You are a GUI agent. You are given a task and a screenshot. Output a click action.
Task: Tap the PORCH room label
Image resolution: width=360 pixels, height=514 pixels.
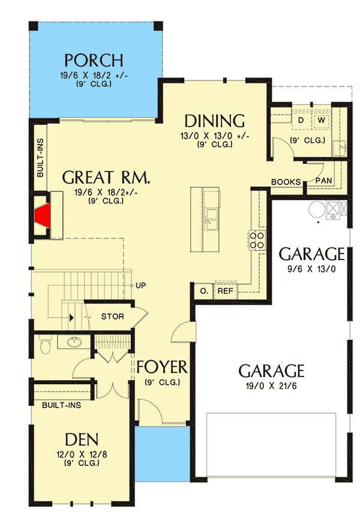94,60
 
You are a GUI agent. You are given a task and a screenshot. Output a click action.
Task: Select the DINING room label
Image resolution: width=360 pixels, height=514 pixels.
215,121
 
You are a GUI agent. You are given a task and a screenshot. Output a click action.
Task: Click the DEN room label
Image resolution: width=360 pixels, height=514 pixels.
82,440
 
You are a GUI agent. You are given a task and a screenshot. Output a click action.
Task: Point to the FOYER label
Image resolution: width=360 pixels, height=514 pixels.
162,367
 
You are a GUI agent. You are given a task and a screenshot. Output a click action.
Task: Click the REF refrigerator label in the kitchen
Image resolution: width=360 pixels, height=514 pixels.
226,291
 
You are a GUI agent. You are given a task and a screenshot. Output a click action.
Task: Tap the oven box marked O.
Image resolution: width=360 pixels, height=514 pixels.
203,291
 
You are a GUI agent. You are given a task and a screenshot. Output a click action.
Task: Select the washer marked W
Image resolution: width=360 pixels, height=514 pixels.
322,120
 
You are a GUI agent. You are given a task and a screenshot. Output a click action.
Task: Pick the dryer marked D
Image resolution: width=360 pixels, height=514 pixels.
301,120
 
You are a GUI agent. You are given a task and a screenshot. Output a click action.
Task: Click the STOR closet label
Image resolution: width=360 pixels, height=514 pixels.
113,316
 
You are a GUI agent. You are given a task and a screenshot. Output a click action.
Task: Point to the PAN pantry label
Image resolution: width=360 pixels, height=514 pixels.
323,181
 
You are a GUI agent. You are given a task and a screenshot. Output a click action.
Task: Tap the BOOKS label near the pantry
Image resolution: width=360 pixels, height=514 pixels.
286,182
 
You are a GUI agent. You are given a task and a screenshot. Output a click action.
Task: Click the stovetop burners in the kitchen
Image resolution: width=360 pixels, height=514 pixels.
257,240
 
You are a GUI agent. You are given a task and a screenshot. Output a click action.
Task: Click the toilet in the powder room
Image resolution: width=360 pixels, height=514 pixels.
45,344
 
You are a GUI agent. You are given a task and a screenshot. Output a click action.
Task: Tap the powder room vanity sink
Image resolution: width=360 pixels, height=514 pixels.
74,342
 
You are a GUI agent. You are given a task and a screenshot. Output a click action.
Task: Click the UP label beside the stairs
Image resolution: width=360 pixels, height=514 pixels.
141,285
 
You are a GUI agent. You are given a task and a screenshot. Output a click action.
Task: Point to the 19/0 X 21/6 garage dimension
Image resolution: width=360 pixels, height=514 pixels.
271,386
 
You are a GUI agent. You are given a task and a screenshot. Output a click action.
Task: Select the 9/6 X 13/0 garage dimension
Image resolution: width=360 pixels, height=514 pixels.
311,269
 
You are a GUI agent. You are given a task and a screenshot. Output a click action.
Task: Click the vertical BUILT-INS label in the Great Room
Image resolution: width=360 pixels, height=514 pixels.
40,158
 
